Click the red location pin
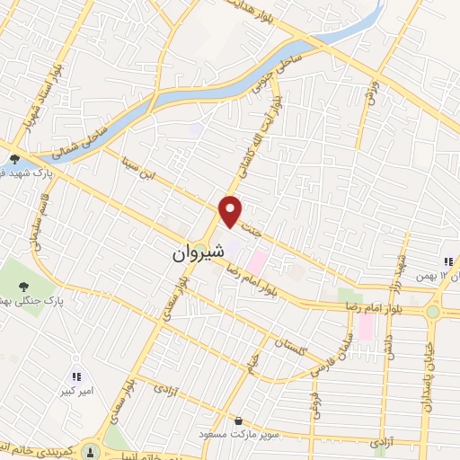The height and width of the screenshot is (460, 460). click(231, 210)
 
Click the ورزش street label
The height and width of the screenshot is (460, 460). click(367, 91)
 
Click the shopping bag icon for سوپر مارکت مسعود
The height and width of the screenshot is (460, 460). click(237, 420)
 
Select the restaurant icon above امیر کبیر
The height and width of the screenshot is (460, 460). click(77, 377)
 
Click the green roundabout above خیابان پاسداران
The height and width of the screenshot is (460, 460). click(434, 311)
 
